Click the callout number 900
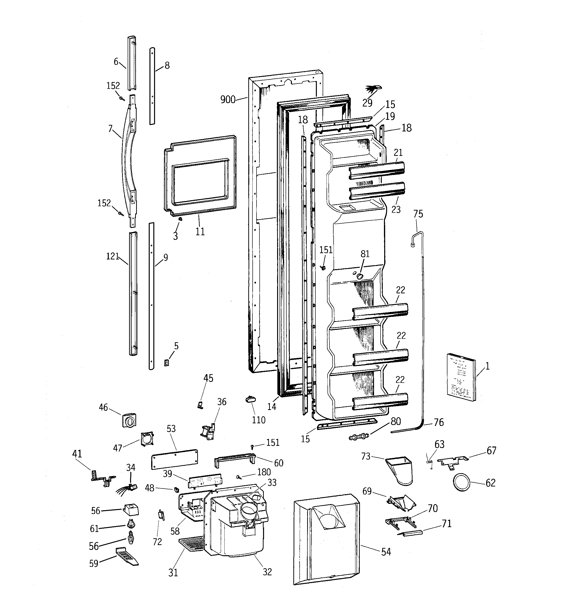[228, 99]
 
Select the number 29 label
[367, 103]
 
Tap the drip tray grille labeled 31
[191, 545]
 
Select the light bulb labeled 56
[131, 537]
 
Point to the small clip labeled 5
[166, 363]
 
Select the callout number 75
[418, 214]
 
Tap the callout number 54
[386, 552]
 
